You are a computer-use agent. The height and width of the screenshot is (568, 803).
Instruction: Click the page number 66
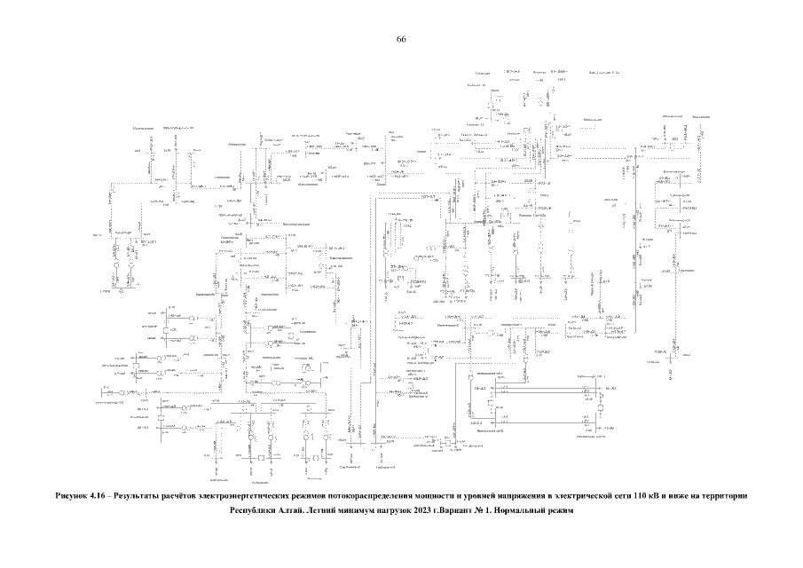click(x=401, y=40)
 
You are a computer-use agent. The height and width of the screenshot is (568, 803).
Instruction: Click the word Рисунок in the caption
click(x=74, y=494)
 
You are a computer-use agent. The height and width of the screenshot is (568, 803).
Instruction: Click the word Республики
click(x=256, y=511)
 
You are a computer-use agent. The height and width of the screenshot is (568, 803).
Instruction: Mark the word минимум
click(x=378, y=511)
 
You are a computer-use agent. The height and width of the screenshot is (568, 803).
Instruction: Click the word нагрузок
click(x=422, y=511)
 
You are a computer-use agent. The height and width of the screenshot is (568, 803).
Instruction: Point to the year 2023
click(x=457, y=511)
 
